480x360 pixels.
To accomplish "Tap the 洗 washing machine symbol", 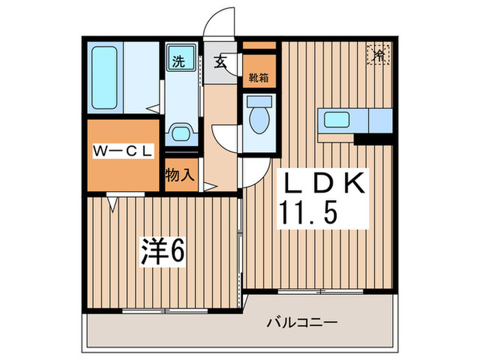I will pos(178,60).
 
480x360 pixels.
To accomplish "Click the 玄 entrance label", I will pos(220,62).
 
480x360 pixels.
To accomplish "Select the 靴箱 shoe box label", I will pos(259,77).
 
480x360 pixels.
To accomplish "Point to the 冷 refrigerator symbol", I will pos(379,53).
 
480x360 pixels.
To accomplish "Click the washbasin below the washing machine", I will pos(180,132).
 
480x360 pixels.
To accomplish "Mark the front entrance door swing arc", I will pos(221,21).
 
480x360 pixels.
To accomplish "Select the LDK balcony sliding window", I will pos(321,291).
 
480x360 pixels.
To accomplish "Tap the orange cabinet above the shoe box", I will pos(259,45).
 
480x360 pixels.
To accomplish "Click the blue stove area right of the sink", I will pos(380,120).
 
